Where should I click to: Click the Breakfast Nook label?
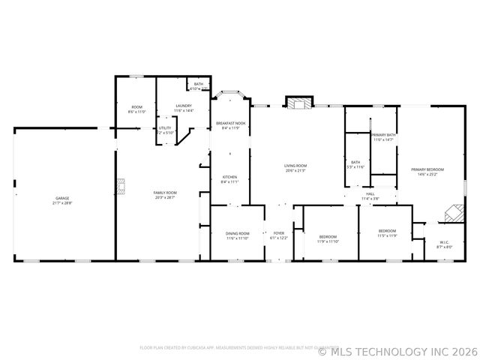230,125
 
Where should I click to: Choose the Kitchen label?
229,179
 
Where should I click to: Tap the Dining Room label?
237,235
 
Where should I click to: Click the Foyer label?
278,235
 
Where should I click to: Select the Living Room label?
295,168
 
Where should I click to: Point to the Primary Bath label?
383,137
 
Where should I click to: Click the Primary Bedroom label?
427,172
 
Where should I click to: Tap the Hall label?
370,196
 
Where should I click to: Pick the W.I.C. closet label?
444,244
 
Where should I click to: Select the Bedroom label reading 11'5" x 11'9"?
387,233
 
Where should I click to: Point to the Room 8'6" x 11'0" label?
137,109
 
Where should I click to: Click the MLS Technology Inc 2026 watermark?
398,350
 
